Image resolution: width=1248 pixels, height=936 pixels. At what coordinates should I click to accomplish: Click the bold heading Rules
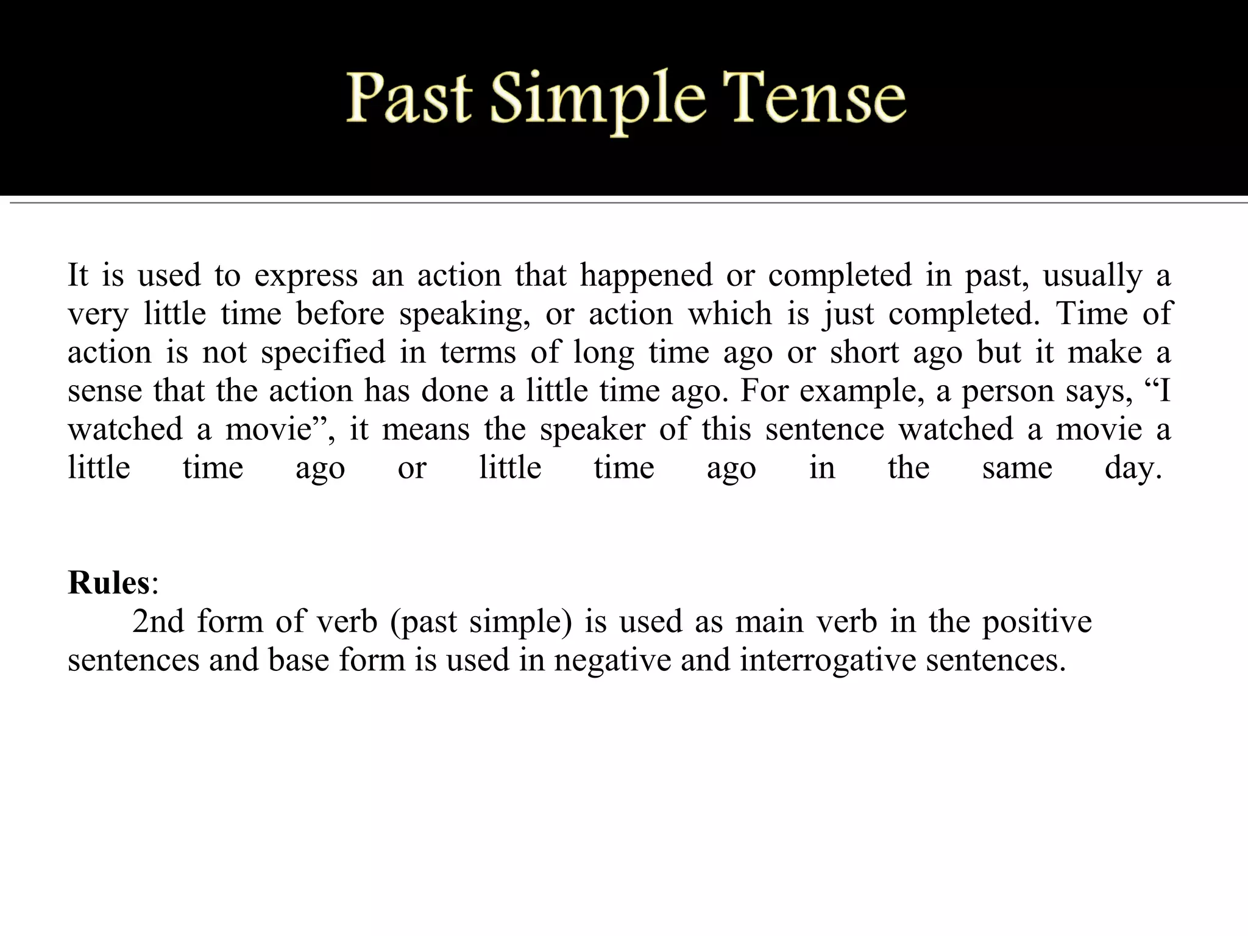coord(108,583)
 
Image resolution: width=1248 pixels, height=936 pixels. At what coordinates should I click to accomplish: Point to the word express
coord(306,275)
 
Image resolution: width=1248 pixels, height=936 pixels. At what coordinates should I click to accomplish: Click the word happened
coord(646,275)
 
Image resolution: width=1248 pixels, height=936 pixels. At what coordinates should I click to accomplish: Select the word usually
coord(1093,275)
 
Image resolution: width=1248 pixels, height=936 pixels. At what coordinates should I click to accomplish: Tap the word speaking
coord(464,314)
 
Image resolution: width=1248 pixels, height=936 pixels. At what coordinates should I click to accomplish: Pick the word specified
coord(324,353)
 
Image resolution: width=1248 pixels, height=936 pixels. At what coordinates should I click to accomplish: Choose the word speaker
coord(592,430)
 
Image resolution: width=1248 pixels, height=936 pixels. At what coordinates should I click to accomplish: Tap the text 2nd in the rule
coord(158,622)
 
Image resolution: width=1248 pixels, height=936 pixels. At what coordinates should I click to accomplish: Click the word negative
coord(612,660)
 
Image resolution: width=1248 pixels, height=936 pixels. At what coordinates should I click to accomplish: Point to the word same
coord(1017,469)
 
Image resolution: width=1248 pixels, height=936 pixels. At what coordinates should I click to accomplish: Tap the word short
coord(864,353)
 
